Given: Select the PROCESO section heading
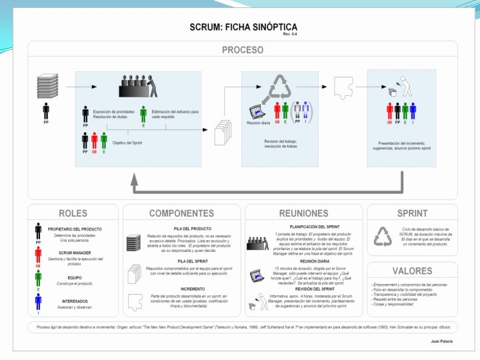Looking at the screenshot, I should pyautogui.click(x=242, y=50).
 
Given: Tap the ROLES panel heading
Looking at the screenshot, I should pyautogui.click(x=73, y=213).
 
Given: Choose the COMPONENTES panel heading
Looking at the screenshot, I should pyautogui.click(x=181, y=213).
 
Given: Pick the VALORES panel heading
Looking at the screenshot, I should pyautogui.click(x=412, y=271).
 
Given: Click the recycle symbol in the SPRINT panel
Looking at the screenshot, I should pyautogui.click(x=383, y=236).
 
